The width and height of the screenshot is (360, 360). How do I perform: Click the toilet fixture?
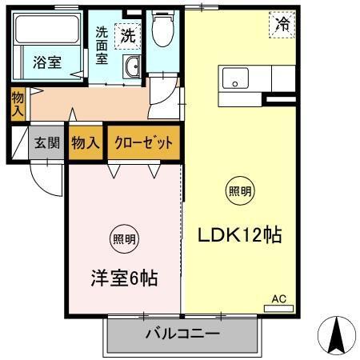164,30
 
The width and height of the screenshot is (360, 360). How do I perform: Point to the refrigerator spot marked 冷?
282,25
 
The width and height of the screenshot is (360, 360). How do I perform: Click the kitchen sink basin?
236,79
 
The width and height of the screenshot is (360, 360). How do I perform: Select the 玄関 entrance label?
46,143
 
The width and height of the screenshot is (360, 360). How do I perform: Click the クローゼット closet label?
142,143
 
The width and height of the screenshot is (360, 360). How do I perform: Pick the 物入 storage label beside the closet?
86,143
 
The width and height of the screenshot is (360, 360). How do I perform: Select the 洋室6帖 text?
122,279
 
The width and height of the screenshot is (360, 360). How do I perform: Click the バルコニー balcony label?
182,334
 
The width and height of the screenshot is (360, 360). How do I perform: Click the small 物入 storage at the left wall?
18,105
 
